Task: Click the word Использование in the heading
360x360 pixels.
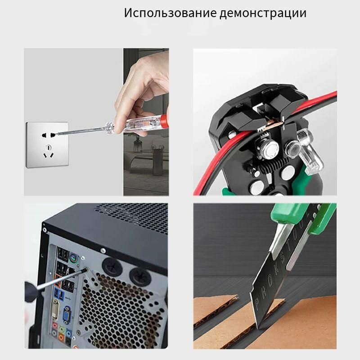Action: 170,13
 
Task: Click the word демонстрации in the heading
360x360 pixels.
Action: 263,13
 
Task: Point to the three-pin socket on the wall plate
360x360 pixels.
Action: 49,152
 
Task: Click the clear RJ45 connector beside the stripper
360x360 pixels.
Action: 309,152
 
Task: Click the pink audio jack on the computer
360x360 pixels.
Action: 55,325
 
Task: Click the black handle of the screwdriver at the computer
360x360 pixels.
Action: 31,292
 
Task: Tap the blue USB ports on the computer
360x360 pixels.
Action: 58,293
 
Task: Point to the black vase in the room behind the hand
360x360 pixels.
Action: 137,144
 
